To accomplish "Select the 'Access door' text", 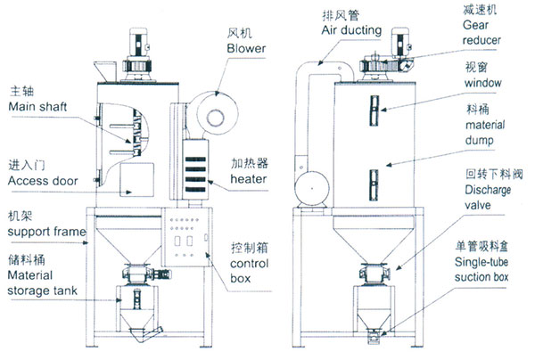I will coord(41,181).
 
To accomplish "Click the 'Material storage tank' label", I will coord(39,282).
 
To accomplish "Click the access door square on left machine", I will coord(128,178).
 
